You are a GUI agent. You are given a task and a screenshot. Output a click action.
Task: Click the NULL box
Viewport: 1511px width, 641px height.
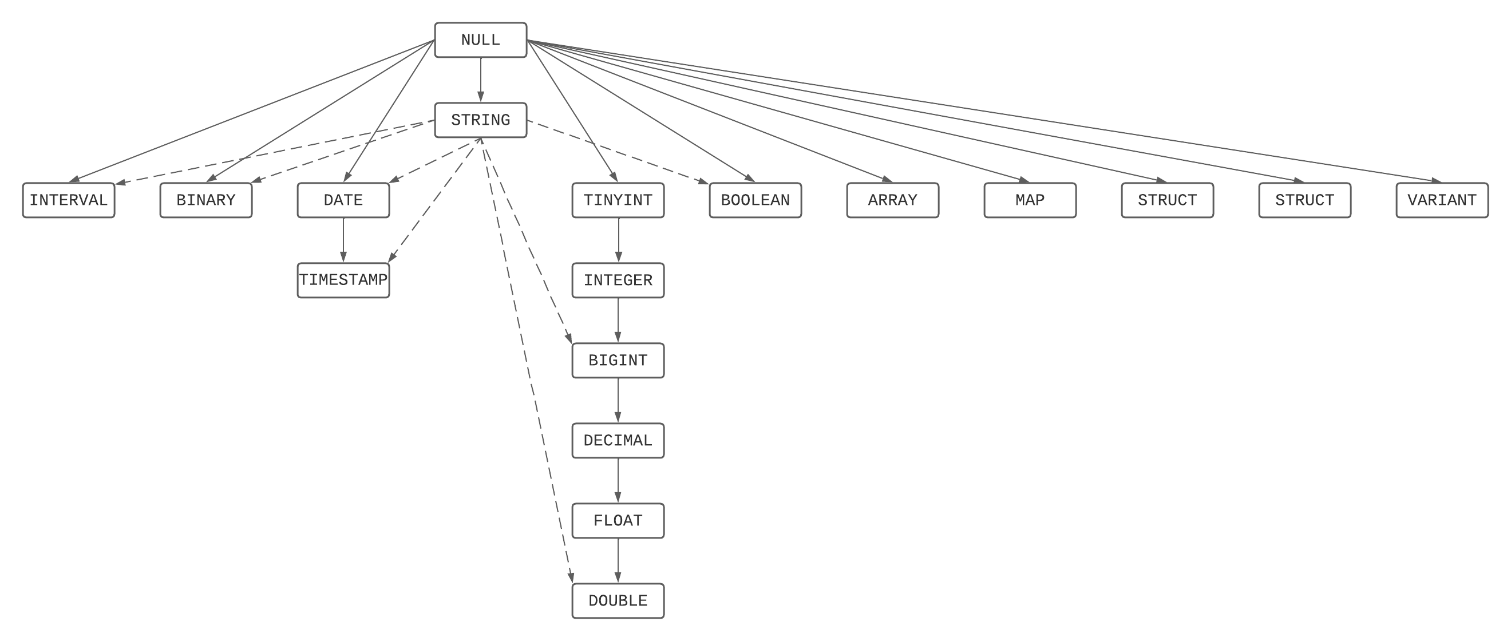tap(480, 40)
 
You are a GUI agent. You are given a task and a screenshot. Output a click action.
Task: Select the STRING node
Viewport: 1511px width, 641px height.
tap(480, 120)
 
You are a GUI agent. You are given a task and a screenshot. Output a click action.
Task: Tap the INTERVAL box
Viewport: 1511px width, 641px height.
tap(69, 200)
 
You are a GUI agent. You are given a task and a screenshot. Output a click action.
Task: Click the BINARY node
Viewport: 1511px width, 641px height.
tap(206, 200)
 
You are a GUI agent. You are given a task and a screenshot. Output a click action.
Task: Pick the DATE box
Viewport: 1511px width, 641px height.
tap(343, 200)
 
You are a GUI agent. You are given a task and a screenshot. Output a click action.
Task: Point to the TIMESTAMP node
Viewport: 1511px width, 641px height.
tap(343, 280)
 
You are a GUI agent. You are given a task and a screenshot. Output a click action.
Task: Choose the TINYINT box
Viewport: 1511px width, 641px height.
tap(618, 200)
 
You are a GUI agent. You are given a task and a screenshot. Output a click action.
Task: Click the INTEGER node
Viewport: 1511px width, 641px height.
tap(618, 280)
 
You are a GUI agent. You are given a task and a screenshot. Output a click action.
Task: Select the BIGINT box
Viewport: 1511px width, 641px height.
tap(618, 361)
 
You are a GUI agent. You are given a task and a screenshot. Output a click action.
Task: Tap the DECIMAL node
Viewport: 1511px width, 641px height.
tap(618, 441)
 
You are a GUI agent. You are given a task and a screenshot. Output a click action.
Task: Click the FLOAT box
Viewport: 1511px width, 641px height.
tap(618, 521)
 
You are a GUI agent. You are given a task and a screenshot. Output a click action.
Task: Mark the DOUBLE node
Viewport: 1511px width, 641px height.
tap(618, 600)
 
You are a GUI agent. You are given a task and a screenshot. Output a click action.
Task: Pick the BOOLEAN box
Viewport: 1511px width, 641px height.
tap(755, 200)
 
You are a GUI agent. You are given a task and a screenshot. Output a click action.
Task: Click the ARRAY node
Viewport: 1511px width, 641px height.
tap(892, 200)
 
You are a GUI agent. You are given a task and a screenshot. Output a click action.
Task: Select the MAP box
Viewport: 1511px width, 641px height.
tap(1030, 200)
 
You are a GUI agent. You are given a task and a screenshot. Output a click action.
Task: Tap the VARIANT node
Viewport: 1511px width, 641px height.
tap(1442, 200)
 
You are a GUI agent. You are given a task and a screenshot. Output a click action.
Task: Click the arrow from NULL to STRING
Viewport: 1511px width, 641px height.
tap(480, 80)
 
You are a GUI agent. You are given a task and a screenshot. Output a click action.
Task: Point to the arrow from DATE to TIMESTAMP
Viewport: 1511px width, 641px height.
tap(343, 240)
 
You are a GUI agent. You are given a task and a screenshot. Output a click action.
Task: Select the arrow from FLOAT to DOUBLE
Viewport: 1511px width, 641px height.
tap(618, 560)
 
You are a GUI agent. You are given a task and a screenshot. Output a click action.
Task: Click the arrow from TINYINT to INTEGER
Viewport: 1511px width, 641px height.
tap(618, 240)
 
